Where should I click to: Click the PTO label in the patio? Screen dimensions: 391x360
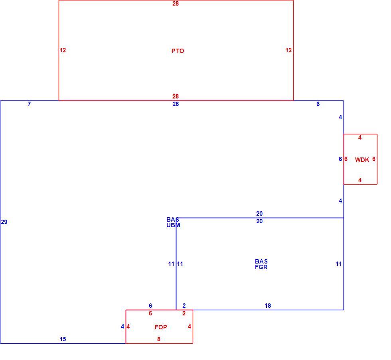tap(178, 51)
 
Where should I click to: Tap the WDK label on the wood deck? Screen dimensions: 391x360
tap(362, 160)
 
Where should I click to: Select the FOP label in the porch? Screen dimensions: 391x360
tap(161, 327)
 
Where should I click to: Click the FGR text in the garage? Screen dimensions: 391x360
tap(261, 267)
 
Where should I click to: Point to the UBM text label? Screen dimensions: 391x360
tap(173, 225)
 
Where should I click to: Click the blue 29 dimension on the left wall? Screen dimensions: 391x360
tap(4, 222)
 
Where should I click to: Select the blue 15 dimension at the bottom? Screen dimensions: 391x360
tap(63, 339)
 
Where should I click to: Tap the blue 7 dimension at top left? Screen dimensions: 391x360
tap(29, 104)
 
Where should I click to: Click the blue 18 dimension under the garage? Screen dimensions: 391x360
tap(268, 306)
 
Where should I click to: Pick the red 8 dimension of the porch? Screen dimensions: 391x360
tap(159, 339)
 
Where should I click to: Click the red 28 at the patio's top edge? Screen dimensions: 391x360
tap(176, 4)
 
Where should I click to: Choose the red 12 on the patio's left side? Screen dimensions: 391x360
tap(63, 50)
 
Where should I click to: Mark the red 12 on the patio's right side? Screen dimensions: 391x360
tap(288, 50)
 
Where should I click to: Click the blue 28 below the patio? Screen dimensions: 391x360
tap(176, 104)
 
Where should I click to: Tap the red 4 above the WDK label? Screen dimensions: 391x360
tap(360, 137)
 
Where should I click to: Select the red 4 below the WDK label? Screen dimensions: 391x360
tap(360, 180)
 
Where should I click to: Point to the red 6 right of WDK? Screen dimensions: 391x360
tap(374, 159)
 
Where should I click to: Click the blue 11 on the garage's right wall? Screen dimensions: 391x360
tap(339, 264)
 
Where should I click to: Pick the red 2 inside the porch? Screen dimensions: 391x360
tap(184, 313)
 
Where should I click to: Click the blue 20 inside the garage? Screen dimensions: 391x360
tap(259, 221)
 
